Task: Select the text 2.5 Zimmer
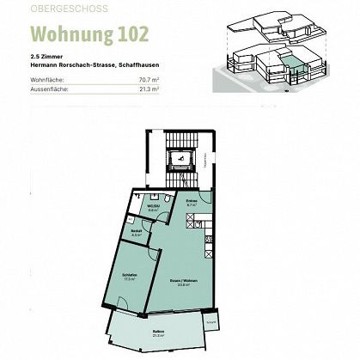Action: point(45,59)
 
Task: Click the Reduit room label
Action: point(135,231)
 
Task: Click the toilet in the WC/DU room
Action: point(141,198)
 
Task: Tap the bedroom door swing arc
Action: point(150,251)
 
